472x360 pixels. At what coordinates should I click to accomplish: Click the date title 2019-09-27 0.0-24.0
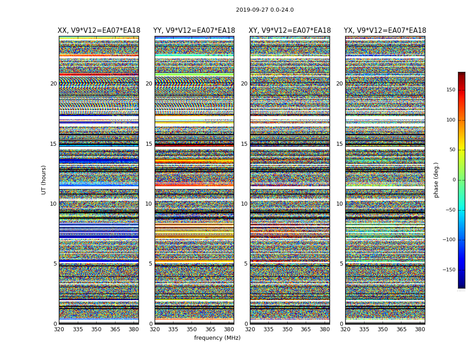point(265,10)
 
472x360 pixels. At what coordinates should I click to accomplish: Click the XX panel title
point(98,31)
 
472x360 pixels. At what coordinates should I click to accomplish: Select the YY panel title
point(194,31)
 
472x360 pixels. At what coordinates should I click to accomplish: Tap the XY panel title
point(289,31)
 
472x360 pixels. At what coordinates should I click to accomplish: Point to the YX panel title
point(385,31)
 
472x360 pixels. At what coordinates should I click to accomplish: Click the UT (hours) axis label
point(44,180)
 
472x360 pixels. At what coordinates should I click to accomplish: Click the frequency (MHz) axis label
point(217,338)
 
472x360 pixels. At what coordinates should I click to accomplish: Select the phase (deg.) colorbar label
point(436,180)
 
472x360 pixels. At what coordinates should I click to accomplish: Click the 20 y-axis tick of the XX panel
point(53,84)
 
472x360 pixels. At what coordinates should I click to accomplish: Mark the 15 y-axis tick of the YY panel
point(149,144)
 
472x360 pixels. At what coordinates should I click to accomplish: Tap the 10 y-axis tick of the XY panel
point(244,204)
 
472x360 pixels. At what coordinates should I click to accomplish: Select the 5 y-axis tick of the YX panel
point(341,264)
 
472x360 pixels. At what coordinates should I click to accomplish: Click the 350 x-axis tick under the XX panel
point(96,329)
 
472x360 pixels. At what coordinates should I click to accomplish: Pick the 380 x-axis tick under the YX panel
point(420,329)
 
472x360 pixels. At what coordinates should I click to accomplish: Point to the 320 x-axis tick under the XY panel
point(250,329)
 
